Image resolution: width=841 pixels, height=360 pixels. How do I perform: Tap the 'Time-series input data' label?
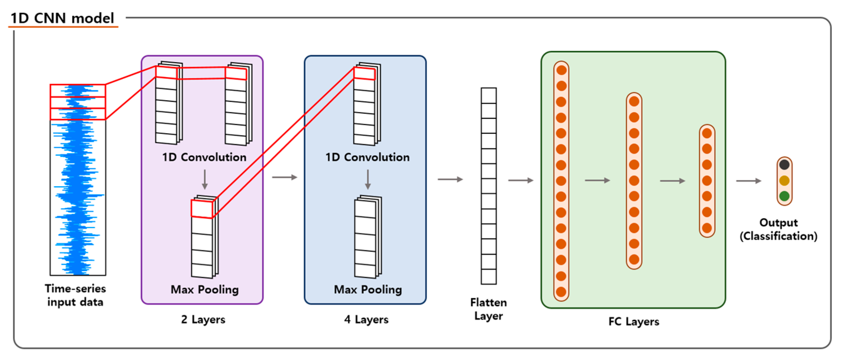76,295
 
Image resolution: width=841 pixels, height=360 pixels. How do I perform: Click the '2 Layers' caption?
203,319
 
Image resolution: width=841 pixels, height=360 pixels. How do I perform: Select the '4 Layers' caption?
366,319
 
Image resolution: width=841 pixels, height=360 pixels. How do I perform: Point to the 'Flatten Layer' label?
488,309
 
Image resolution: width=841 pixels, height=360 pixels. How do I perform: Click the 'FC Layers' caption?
634,322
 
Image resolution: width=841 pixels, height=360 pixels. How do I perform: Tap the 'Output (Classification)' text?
778,229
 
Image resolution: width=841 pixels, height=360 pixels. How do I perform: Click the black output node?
784,164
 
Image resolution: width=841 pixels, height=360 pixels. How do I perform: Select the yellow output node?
784,181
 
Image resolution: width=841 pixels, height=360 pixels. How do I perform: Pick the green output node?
784,196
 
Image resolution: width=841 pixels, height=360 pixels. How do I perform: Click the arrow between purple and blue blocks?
284,177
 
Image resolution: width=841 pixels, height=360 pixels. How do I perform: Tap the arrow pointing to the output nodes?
748,181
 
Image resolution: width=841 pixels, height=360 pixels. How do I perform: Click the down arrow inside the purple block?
205,179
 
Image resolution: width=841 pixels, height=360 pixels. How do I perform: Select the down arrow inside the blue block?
368,179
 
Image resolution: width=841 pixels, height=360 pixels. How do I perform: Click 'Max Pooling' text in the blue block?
368,289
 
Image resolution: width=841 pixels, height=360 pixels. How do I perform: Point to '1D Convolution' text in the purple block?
204,157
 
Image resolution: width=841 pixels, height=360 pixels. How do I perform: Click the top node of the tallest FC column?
561,70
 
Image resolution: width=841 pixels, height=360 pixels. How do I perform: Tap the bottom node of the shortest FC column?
707,228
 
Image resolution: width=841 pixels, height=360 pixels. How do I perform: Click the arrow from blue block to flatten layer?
450,179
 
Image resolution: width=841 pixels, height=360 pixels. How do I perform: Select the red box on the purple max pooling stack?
202,209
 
